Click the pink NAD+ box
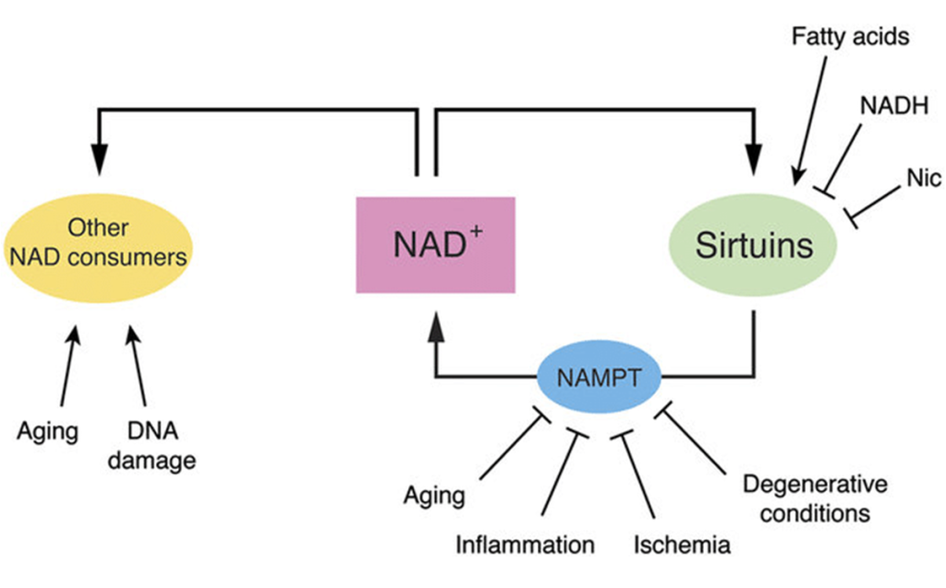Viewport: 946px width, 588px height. point(435,245)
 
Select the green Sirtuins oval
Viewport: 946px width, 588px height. point(754,245)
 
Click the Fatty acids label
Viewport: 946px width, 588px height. point(850,37)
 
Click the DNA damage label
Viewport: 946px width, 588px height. point(152,446)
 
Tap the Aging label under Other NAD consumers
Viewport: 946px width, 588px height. point(47,431)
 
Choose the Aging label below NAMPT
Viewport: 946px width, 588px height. point(434,495)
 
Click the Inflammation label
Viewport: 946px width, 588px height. point(525,545)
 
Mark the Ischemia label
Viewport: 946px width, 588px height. point(682,545)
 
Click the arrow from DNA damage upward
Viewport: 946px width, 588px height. point(139,370)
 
